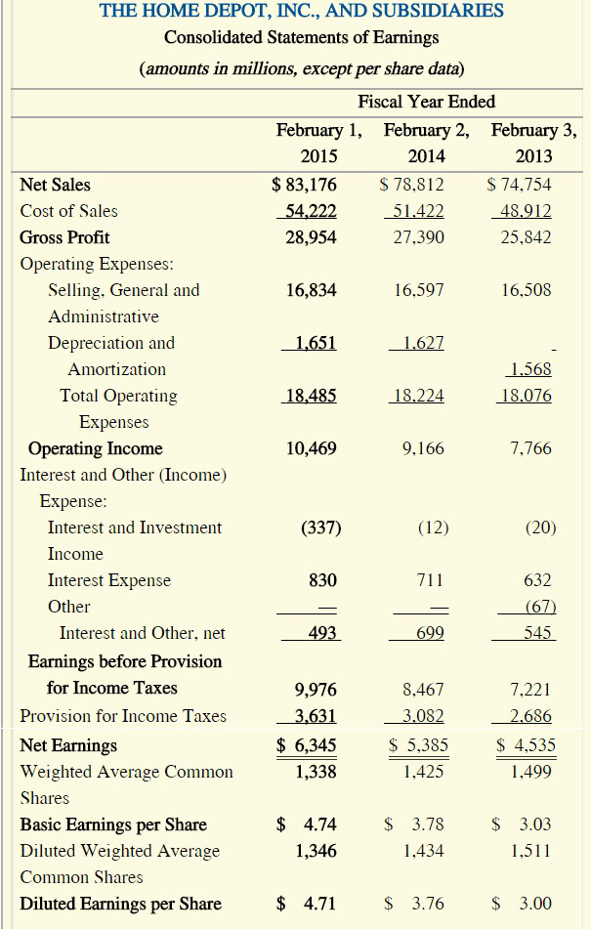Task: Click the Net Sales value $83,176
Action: (x=304, y=184)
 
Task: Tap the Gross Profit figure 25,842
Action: (x=525, y=237)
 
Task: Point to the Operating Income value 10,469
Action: (x=312, y=448)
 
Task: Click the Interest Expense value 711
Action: (x=430, y=580)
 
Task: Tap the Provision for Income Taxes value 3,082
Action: (x=418, y=716)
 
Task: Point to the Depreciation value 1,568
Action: (x=530, y=369)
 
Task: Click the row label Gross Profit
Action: (x=64, y=237)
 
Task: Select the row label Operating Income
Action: (x=96, y=448)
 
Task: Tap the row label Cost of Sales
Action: (x=68, y=211)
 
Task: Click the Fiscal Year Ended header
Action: (x=427, y=102)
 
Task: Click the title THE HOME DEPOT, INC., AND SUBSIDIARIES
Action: (x=302, y=12)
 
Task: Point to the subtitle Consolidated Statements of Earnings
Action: (x=302, y=38)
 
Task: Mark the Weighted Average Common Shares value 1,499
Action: (x=532, y=772)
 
